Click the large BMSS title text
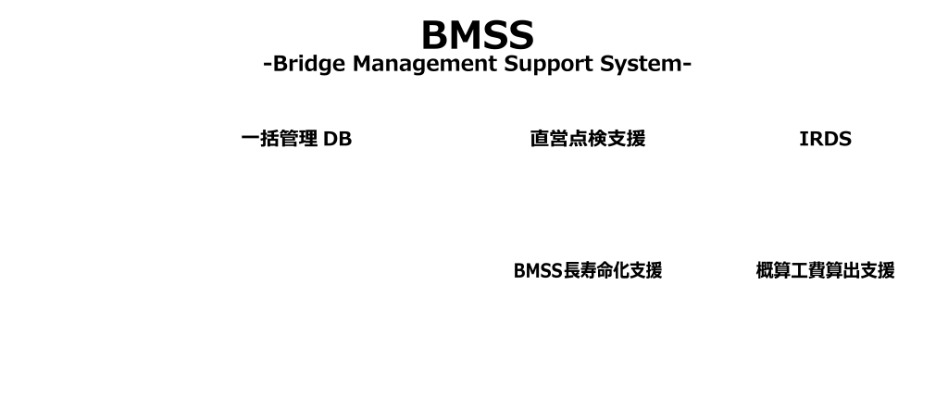[477, 34]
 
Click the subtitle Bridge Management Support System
[477, 65]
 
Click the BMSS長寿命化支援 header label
[588, 270]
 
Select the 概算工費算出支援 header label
[826, 270]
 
